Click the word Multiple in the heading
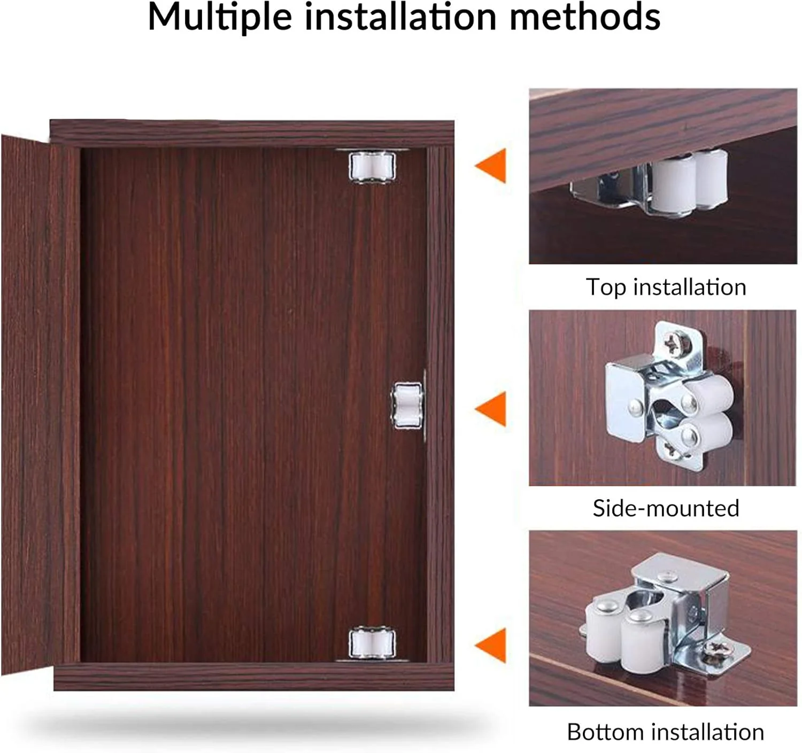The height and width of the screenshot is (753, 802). pos(220,17)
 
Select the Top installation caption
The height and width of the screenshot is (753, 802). pos(666,288)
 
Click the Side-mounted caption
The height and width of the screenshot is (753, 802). pos(666,508)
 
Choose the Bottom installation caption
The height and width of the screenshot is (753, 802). pos(666,732)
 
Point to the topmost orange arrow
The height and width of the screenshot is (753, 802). pos(491,166)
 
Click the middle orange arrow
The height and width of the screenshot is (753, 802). pos(491,409)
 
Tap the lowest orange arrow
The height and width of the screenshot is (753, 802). pos(491,645)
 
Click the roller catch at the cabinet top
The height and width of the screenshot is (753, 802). pos(372,166)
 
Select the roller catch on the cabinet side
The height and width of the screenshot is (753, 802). pos(408,406)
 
